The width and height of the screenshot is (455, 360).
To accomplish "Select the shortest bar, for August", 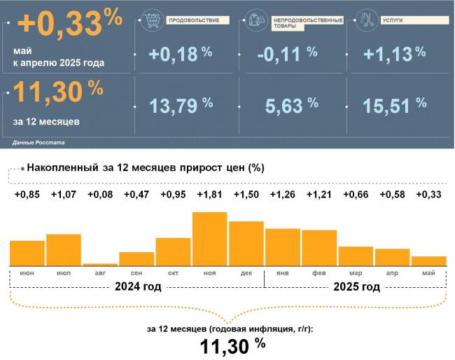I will (100, 264).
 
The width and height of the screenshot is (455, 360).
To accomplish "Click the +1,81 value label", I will (209, 195).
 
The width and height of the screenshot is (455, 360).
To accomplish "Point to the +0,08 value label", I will (100, 195).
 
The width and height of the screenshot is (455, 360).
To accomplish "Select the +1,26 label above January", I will (282, 195).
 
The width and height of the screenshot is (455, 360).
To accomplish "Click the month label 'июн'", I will (27, 272).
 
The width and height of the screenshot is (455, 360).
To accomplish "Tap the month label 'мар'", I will (356, 272).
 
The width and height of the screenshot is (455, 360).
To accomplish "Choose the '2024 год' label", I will (138, 286).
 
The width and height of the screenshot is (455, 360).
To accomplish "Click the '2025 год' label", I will (357, 286).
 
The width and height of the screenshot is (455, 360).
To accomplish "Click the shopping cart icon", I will (150, 19).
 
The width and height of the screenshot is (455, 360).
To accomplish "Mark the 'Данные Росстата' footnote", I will (38, 142).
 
